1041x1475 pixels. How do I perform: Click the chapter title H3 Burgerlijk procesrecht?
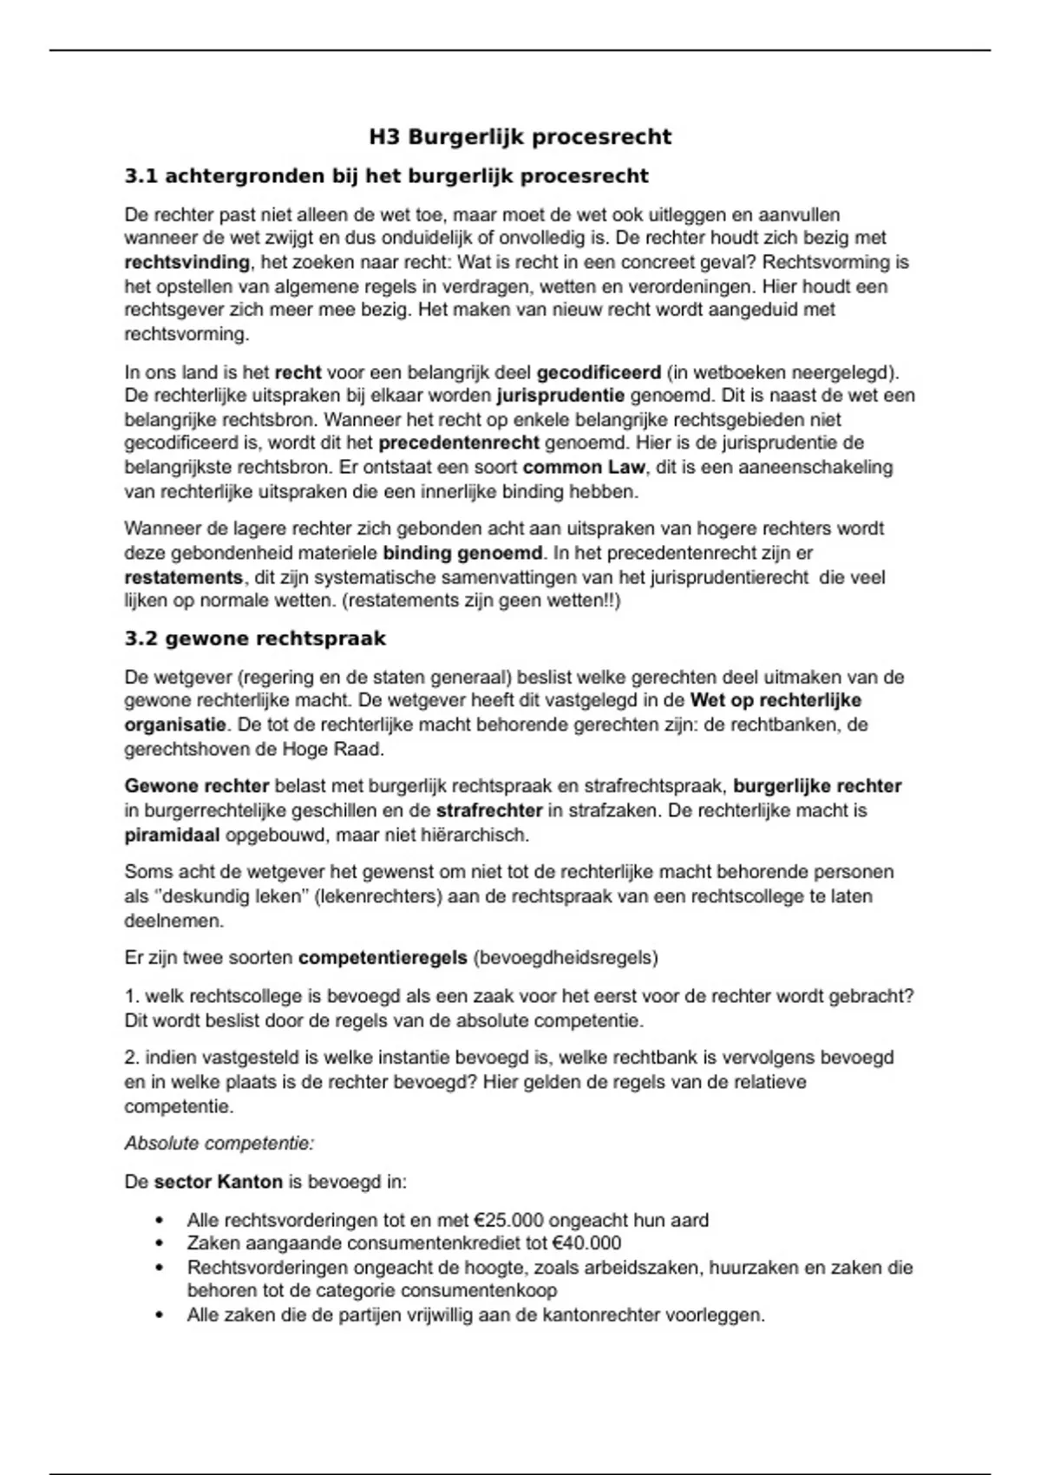coord(520,137)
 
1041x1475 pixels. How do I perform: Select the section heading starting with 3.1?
coord(387,177)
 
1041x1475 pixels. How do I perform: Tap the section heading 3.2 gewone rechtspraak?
coord(255,639)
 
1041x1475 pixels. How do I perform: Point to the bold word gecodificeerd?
coord(599,373)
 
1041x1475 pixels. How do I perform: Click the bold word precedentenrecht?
coord(459,443)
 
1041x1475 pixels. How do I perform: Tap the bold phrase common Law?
coord(584,468)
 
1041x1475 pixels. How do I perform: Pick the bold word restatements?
coord(183,577)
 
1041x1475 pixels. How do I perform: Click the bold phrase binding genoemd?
coord(463,553)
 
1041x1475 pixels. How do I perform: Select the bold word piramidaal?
coord(172,836)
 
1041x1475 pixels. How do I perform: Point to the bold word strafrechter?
coord(488,811)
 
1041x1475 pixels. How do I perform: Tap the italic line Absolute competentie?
coord(219,1144)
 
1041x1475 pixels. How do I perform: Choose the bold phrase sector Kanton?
coord(219,1182)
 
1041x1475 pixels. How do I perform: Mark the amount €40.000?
coord(586,1243)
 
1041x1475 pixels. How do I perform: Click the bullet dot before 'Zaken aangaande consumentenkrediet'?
coord(159,1243)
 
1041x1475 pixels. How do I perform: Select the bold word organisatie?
coord(174,724)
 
